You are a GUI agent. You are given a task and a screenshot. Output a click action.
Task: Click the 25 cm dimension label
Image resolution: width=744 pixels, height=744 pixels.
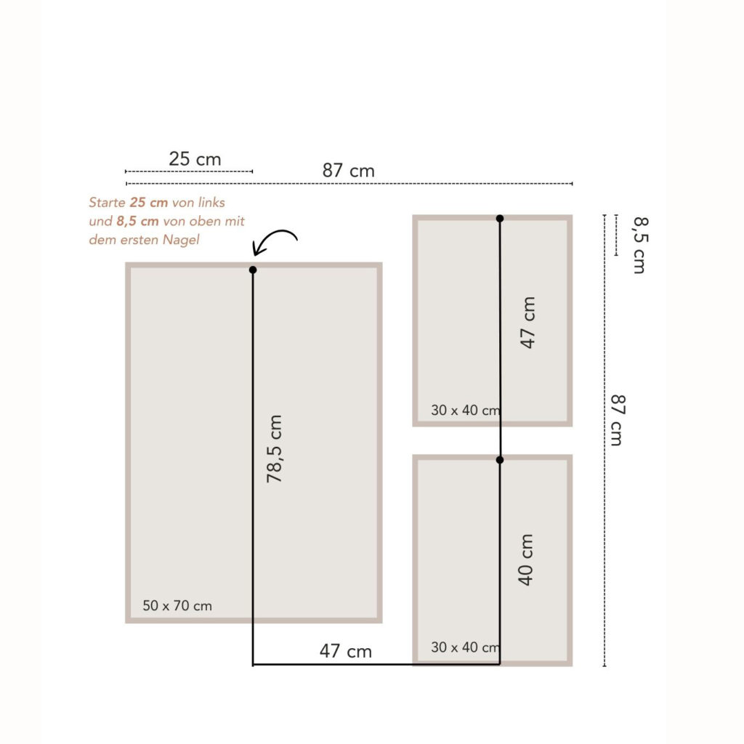pyautogui.click(x=195, y=159)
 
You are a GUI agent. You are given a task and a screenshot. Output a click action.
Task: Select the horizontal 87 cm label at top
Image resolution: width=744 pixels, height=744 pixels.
pyautogui.click(x=348, y=171)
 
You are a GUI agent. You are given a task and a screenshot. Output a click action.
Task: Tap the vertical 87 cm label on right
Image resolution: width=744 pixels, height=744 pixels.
pyautogui.click(x=618, y=420)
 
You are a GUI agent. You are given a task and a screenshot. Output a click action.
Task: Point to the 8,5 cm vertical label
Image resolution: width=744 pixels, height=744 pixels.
pyautogui.click(x=640, y=246)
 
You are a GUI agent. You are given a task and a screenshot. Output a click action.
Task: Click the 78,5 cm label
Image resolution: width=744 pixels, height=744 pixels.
pyautogui.click(x=274, y=449)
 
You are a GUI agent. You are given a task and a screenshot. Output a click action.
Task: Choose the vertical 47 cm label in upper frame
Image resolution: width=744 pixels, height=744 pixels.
pyautogui.click(x=527, y=323)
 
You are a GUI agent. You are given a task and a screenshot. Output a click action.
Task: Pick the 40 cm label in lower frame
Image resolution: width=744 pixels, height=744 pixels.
pyautogui.click(x=525, y=560)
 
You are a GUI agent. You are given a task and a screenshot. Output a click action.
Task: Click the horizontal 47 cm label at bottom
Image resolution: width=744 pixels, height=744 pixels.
pyautogui.click(x=345, y=652)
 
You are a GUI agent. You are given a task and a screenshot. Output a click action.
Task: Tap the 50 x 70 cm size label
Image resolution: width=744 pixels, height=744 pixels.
pyautogui.click(x=177, y=606)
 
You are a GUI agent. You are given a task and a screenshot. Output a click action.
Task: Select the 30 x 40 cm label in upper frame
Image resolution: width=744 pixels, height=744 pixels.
pyautogui.click(x=466, y=411)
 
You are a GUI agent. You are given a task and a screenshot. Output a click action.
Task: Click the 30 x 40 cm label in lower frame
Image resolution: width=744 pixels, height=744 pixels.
pyautogui.click(x=466, y=647)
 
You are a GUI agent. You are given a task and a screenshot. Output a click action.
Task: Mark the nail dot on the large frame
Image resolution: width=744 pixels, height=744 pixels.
pyautogui.click(x=253, y=270)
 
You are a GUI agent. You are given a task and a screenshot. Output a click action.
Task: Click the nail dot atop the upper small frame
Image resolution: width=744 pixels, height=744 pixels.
pyautogui.click(x=500, y=218)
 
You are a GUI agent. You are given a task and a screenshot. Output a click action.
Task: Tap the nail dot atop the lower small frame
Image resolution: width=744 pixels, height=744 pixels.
pyautogui.click(x=500, y=460)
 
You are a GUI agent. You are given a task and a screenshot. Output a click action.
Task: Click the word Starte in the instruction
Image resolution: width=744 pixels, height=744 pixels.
pyautogui.click(x=107, y=203)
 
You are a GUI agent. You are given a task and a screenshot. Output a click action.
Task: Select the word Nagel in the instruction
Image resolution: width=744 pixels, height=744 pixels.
pyautogui.click(x=181, y=240)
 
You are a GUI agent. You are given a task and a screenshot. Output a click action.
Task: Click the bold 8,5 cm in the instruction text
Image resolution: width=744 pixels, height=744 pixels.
pyautogui.click(x=137, y=221)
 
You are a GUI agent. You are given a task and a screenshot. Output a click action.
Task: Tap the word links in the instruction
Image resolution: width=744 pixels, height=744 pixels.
pyautogui.click(x=211, y=203)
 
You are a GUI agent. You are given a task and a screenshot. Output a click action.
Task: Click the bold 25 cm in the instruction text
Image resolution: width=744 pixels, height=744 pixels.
pyautogui.click(x=149, y=203)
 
